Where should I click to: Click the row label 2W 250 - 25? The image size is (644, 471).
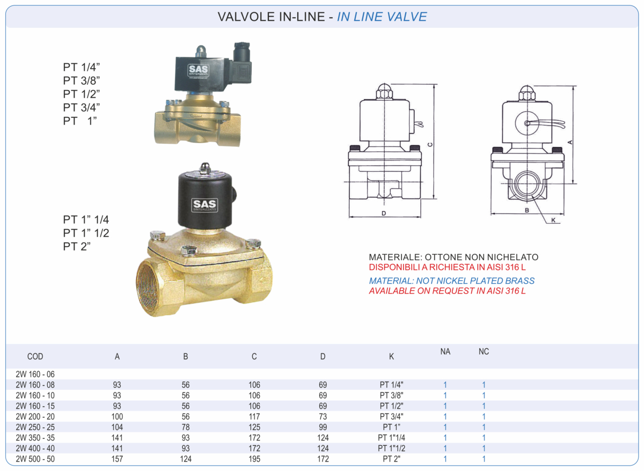[35, 427]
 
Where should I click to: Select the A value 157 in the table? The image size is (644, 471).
[117, 459]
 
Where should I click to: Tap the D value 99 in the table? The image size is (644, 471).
[323, 427]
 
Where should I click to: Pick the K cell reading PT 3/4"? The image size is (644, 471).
[391, 416]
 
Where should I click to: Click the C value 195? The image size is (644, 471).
[254, 459]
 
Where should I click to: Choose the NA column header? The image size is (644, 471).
[445, 352]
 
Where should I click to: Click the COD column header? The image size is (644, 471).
[35, 356]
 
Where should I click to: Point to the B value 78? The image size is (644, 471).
[186, 427]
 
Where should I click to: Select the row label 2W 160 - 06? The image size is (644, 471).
[35, 374]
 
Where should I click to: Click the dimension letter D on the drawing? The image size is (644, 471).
[384, 214]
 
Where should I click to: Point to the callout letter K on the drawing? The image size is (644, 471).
[553, 220]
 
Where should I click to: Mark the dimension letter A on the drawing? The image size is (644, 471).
[570, 142]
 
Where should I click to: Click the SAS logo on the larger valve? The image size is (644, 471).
[204, 204]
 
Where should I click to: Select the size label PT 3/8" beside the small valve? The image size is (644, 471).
[82, 80]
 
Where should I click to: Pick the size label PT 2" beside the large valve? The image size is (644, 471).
[77, 247]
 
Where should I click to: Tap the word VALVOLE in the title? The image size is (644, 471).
[245, 17]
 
